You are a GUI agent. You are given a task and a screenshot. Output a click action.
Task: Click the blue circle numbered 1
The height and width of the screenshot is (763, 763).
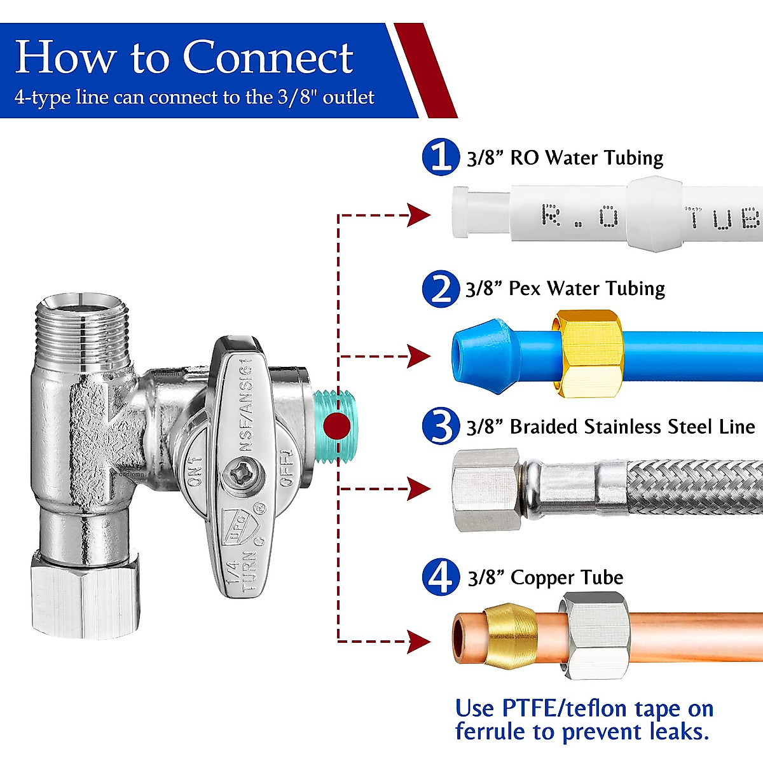pyautogui.click(x=440, y=156)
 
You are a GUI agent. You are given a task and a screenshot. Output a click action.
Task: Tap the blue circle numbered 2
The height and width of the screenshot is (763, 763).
pyautogui.click(x=440, y=289)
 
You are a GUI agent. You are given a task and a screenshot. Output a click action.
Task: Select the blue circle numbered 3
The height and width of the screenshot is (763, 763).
pyautogui.click(x=440, y=426)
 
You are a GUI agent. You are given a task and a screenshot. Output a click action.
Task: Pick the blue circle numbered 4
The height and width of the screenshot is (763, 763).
pyautogui.click(x=440, y=577)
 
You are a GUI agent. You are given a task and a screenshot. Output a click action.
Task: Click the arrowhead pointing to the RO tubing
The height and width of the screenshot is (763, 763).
pyautogui.click(x=419, y=216)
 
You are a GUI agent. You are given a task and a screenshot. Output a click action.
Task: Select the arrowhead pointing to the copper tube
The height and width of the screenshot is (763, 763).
pyautogui.click(x=419, y=642)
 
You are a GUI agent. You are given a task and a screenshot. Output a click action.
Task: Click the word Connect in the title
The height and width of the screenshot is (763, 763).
pyautogui.click(x=268, y=57)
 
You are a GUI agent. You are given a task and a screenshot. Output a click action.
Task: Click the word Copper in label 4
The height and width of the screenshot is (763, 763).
pyautogui.click(x=542, y=577)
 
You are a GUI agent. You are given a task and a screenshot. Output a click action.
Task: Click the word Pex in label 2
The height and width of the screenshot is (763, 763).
pyautogui.click(x=524, y=289)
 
